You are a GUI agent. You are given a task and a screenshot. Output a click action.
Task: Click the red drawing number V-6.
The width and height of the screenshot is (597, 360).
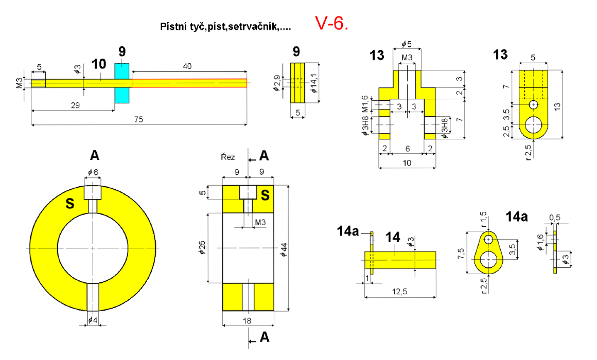pyautogui.click(x=331, y=24)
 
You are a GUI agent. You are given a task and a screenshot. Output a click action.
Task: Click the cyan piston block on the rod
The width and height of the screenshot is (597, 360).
pyautogui.click(x=122, y=83)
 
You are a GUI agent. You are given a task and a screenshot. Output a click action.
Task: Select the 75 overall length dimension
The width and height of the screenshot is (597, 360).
pyautogui.click(x=138, y=119)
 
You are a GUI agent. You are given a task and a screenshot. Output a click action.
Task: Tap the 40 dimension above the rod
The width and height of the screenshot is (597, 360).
pyautogui.click(x=187, y=66)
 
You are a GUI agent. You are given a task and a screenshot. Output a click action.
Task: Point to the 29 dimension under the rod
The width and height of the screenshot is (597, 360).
pyautogui.click(x=75, y=105)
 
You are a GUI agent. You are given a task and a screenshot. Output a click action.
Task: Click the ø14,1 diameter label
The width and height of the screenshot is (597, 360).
pyautogui.click(x=314, y=83)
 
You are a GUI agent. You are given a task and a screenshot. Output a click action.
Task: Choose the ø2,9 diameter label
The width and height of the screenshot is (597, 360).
pyautogui.click(x=277, y=83)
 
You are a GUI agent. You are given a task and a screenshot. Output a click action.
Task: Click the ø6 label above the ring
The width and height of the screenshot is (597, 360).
pyautogui.click(x=93, y=172)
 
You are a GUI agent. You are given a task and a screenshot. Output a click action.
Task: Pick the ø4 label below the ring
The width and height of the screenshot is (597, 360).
pyautogui.click(x=93, y=320)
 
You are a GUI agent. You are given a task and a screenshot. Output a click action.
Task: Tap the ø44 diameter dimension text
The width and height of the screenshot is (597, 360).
pyautogui.click(x=284, y=249)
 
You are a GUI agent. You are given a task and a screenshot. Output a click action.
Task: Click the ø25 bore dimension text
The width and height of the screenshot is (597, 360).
pyautogui.click(x=202, y=247)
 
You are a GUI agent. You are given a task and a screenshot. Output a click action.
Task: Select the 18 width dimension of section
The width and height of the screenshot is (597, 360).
pyautogui.click(x=247, y=321)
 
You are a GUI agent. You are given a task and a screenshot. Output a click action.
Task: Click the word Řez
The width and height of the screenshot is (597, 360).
pyautogui.click(x=227, y=157)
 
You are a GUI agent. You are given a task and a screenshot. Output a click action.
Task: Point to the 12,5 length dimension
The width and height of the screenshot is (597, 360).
pyautogui.click(x=400, y=292)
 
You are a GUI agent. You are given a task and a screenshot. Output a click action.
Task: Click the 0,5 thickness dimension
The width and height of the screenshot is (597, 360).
pyautogui.click(x=555, y=218)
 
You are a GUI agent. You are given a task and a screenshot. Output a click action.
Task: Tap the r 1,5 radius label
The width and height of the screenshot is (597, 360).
pyautogui.click(x=484, y=219)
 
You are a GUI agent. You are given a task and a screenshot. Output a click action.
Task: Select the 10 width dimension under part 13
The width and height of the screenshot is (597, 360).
pyautogui.click(x=407, y=163)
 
